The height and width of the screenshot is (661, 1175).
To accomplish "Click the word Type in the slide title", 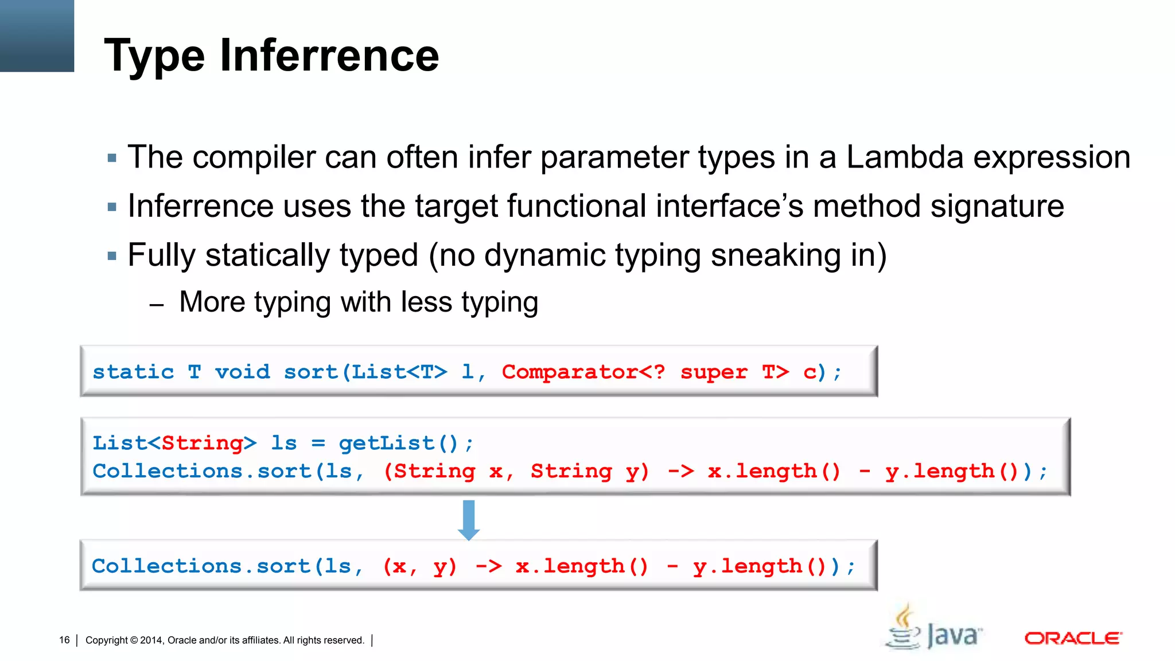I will click(x=154, y=56).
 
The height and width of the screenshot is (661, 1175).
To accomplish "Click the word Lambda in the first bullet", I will click(x=905, y=157).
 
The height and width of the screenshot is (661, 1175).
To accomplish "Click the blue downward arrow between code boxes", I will click(x=469, y=519).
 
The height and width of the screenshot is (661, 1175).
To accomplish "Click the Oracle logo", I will click(x=1073, y=638).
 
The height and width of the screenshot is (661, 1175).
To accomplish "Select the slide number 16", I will click(x=64, y=640).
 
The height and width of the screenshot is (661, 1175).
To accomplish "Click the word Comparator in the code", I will click(x=570, y=372).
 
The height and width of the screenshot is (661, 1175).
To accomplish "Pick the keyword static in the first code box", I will click(x=133, y=372).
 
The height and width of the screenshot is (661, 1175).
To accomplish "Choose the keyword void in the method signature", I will click(x=242, y=372).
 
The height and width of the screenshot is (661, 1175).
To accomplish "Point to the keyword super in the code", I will click(x=714, y=372).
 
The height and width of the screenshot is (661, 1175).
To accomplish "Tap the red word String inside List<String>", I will click(x=202, y=444).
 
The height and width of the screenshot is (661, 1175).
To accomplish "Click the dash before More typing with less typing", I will click(x=157, y=305).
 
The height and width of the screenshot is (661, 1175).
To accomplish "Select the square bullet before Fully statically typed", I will click(x=112, y=256).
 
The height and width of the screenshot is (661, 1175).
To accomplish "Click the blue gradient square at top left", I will click(x=37, y=36).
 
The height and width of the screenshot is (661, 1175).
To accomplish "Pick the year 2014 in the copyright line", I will click(x=151, y=640).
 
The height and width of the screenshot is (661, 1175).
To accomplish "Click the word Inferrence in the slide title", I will click(x=329, y=56).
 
